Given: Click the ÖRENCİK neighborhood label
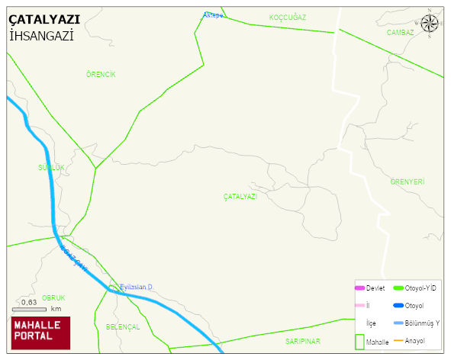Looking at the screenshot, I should [101, 74].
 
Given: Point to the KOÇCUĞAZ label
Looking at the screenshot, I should [288, 17].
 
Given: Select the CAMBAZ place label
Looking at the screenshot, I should [400, 33].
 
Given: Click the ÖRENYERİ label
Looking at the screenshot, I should [407, 182].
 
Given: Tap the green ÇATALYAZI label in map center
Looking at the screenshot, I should [240, 197].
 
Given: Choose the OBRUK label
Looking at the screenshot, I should [53, 298].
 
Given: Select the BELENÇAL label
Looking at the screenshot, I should [123, 326].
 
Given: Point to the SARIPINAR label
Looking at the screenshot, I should [303, 341].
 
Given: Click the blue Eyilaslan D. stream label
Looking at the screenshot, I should [137, 287].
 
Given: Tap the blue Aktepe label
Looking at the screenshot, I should [213, 15].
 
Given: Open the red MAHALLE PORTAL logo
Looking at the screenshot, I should [40, 332].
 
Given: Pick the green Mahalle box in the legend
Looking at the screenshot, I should [359, 341].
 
